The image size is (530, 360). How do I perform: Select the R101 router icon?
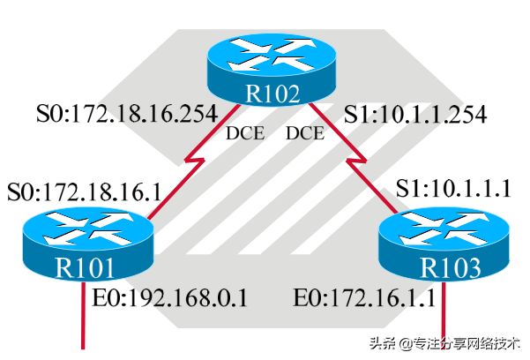[x=88, y=244]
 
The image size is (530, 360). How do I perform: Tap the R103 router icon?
[x=444, y=244]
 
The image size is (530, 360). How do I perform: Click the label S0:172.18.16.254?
[x=127, y=114]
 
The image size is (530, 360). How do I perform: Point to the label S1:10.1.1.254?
[x=415, y=114]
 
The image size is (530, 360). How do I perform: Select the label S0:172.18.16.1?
[x=84, y=191]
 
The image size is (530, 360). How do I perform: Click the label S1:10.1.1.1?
[x=453, y=188]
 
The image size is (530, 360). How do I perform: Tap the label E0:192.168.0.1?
[x=170, y=298]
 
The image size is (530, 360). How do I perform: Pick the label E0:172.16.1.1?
[x=364, y=298]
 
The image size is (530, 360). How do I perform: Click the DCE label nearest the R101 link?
[x=245, y=133]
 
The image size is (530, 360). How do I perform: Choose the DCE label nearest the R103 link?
[x=305, y=133]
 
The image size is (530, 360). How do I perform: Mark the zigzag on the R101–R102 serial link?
[x=195, y=160]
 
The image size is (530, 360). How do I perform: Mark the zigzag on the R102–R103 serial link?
[x=356, y=160]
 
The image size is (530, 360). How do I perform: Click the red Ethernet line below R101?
[x=83, y=315]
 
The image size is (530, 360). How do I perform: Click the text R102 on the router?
[x=272, y=93]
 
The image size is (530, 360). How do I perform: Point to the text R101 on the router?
[x=85, y=268]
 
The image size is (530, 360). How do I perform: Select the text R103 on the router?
[x=451, y=268]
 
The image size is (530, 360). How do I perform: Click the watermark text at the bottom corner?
[x=444, y=343]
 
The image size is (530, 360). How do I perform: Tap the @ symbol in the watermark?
[x=406, y=344]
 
